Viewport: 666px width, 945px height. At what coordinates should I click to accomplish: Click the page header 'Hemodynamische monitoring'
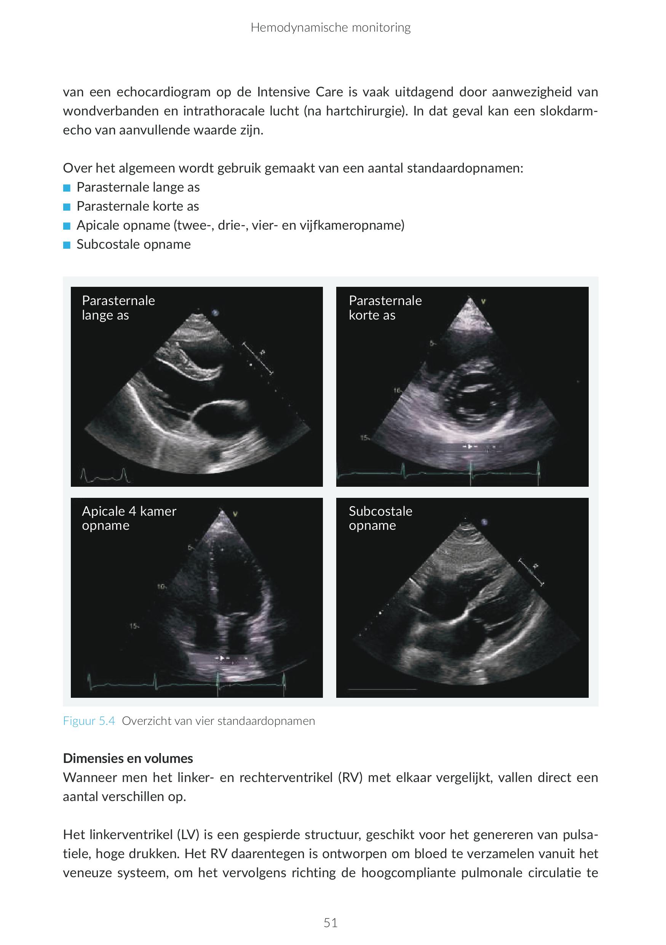(330, 27)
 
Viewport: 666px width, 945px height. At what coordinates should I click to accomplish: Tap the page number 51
(330, 923)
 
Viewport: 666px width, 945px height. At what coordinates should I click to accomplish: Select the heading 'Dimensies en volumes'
(128, 758)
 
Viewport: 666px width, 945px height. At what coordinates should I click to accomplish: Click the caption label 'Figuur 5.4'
(89, 721)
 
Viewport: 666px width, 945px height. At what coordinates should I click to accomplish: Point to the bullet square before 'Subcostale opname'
(67, 245)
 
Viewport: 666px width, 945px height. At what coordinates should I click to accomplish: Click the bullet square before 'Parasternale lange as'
(67, 188)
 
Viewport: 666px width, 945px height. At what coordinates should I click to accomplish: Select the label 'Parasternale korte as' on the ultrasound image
(385, 307)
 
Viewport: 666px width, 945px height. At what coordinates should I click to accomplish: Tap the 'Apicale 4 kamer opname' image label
(129, 518)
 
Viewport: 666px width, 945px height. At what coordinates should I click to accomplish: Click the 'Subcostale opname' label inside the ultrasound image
(380, 518)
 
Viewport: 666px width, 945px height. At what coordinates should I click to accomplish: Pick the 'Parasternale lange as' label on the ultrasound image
(118, 307)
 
